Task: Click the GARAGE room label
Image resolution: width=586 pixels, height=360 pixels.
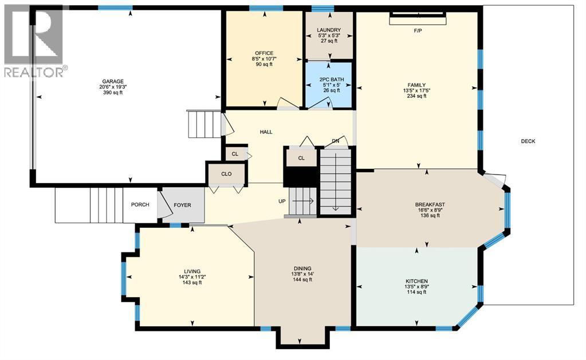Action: click(x=113, y=81)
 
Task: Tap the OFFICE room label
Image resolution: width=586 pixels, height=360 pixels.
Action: click(x=264, y=53)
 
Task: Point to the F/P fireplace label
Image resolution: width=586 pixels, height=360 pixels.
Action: click(x=418, y=30)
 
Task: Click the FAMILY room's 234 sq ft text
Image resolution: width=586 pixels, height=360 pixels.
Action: click(x=416, y=96)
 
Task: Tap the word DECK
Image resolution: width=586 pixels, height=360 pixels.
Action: click(x=528, y=141)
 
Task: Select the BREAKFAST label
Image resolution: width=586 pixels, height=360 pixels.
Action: click(x=430, y=204)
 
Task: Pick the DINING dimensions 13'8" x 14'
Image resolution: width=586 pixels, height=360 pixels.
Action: click(x=302, y=274)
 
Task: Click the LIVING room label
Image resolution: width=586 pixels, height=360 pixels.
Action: click(x=192, y=271)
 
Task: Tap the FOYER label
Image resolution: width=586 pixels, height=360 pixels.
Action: click(x=182, y=205)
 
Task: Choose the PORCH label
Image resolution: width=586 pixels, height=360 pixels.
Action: click(x=140, y=205)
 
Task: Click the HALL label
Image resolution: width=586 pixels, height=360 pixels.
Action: click(x=266, y=132)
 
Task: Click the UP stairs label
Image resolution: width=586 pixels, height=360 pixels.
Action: click(x=281, y=201)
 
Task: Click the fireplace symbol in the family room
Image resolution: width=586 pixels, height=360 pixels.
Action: click(x=418, y=18)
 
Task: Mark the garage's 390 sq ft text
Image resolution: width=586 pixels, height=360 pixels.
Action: click(x=113, y=93)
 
